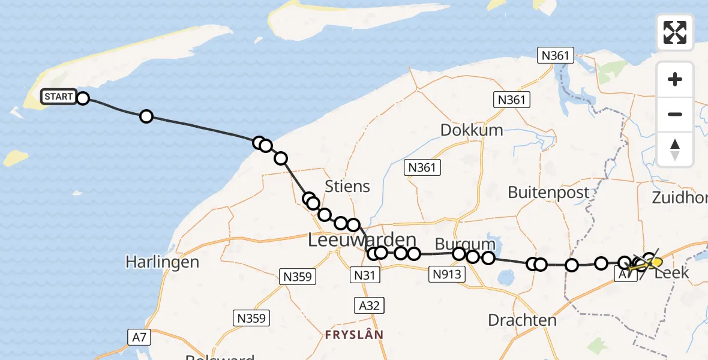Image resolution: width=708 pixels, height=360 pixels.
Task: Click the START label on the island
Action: [x=59, y=97]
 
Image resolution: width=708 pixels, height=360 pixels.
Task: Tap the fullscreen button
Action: [x=675, y=32]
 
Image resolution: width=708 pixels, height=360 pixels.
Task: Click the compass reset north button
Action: [x=675, y=150]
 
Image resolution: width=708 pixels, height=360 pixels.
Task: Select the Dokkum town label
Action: [x=472, y=130]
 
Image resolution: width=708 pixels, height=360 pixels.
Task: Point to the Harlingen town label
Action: [x=162, y=262]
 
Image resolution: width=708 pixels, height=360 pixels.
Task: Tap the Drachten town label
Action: [x=522, y=320]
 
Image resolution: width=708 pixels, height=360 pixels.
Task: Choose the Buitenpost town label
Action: [x=548, y=192]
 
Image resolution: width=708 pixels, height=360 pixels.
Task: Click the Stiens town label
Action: [x=347, y=186]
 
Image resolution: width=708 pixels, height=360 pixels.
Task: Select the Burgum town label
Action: [x=465, y=244]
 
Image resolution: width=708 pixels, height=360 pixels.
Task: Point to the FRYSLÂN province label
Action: [x=354, y=334]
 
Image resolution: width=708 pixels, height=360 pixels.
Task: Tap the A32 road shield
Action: [x=368, y=305]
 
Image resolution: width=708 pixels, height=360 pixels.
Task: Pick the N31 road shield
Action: [x=365, y=274]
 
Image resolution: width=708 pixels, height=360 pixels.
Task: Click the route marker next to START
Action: [x=83, y=98]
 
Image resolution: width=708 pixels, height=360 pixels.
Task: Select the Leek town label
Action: [x=672, y=274]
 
